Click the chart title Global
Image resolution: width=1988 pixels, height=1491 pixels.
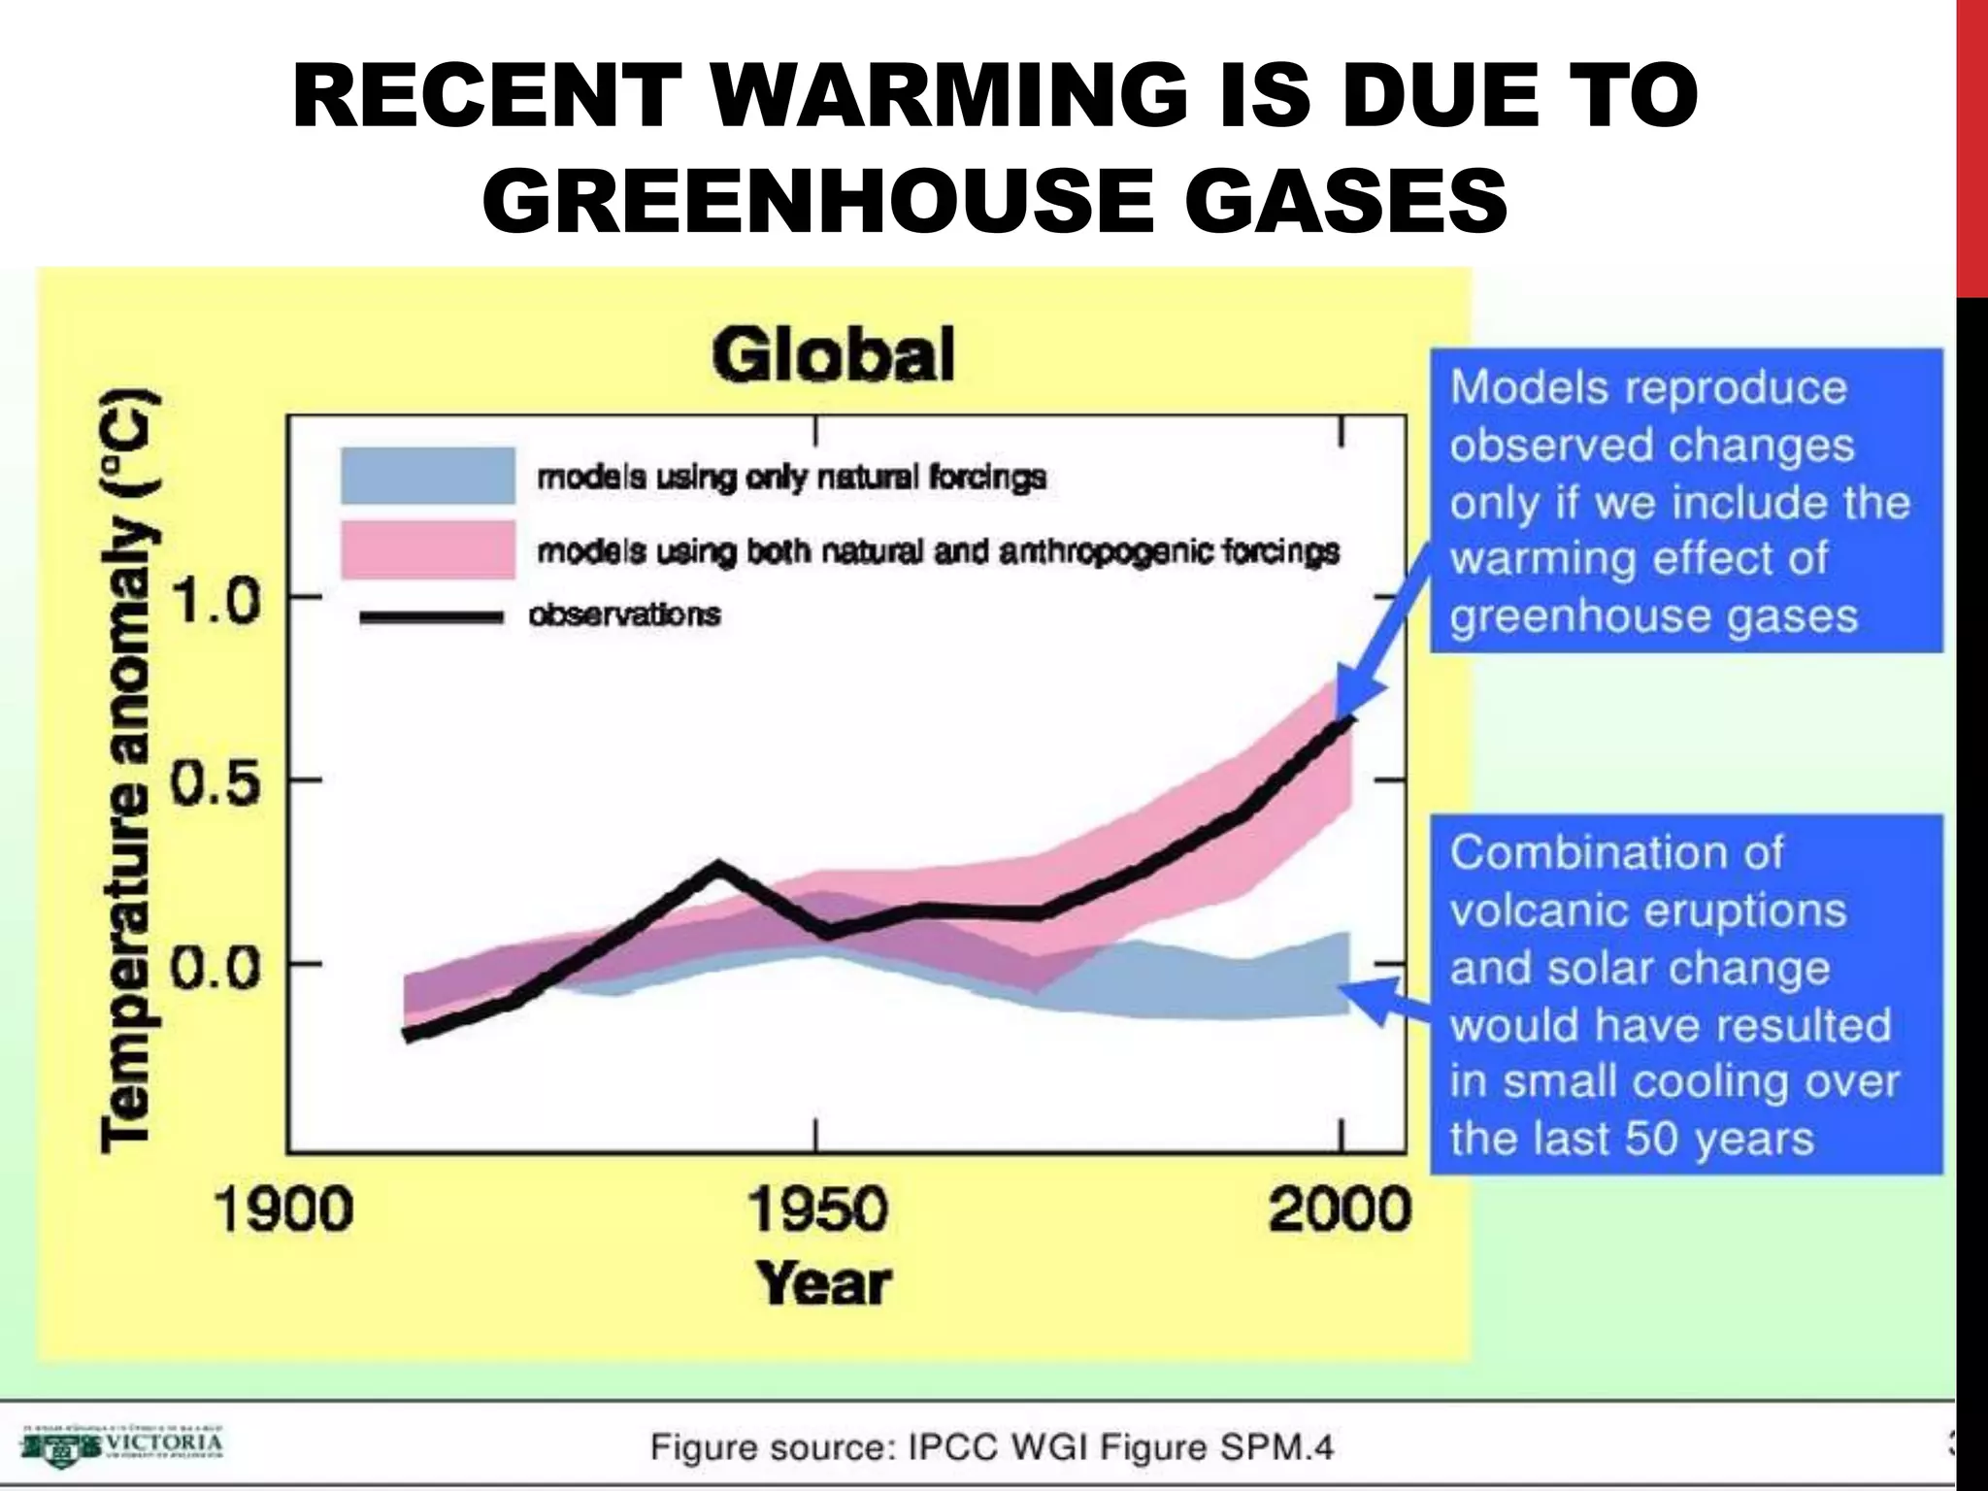833,354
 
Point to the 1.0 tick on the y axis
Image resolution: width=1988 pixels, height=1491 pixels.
216,601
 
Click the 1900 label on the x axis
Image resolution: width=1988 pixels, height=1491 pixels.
282,1211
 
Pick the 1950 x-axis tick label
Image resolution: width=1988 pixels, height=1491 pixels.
817,1211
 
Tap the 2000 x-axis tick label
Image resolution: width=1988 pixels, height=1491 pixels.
1340,1211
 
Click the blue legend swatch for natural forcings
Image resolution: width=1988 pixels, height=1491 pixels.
427,476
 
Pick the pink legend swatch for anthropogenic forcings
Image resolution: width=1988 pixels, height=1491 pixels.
427,549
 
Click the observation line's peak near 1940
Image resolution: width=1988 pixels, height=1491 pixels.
717,867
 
